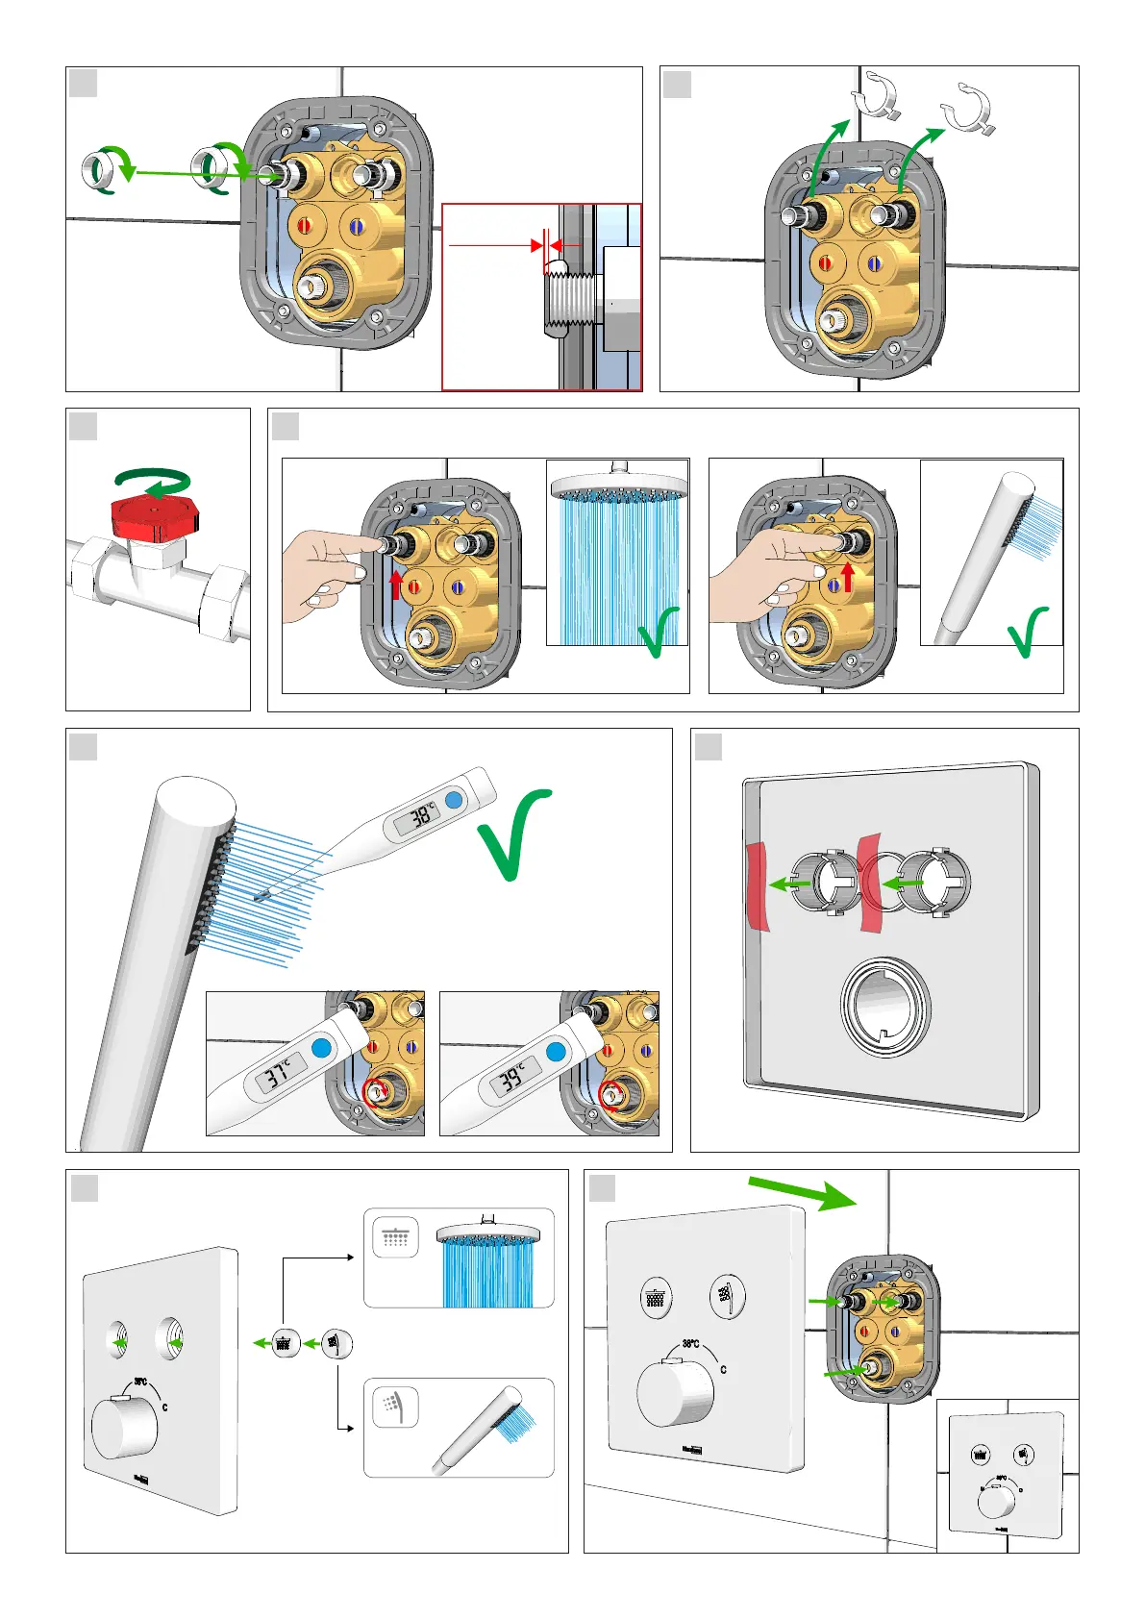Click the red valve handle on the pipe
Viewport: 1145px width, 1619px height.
(154, 515)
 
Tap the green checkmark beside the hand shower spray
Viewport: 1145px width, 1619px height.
(1027, 630)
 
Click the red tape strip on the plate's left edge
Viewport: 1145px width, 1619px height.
(757, 884)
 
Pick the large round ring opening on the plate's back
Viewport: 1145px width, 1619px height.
(885, 1008)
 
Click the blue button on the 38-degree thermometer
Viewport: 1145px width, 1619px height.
(455, 800)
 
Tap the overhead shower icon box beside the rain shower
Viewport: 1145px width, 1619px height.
(395, 1237)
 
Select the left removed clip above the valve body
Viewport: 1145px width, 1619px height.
(877, 96)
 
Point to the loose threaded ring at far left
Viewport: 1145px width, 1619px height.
(99, 171)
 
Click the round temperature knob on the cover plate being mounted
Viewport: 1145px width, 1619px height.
(674, 1392)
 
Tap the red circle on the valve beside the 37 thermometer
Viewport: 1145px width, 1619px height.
(378, 1090)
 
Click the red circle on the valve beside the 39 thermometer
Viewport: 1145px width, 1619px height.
(610, 1094)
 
